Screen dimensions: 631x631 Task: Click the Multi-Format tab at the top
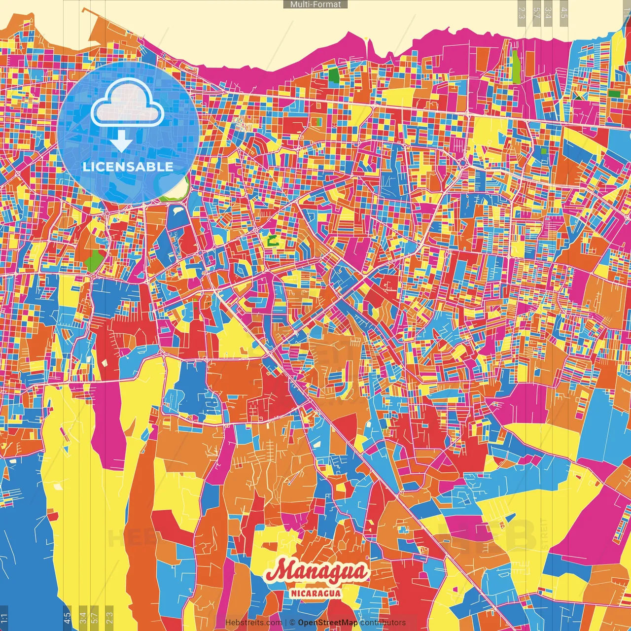click(315, 4)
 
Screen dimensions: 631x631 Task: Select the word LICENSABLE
click(128, 167)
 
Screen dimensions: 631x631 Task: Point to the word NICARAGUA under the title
click(316, 593)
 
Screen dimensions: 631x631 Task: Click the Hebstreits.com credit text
click(254, 623)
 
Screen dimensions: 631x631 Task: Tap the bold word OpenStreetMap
click(328, 623)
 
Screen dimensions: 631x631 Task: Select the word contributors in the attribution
click(383, 623)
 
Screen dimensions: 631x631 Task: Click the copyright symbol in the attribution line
click(292, 623)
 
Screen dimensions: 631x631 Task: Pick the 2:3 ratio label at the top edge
click(522, 12)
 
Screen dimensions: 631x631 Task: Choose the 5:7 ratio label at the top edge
click(536, 12)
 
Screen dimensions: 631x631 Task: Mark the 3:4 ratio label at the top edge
click(548, 12)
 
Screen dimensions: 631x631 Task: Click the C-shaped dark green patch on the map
click(272, 241)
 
